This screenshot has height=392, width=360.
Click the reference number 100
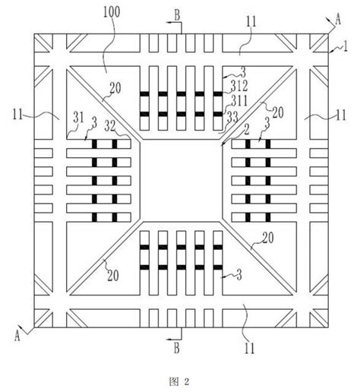click(112, 12)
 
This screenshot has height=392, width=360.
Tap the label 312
click(239, 86)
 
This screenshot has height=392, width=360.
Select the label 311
click(239, 101)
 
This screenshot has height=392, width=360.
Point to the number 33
click(232, 117)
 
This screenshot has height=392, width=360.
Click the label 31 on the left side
click(78, 118)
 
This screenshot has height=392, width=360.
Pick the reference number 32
click(110, 126)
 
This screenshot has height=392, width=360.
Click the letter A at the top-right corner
click(338, 21)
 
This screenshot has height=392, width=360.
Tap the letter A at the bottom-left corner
click(17, 336)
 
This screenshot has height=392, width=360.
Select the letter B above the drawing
click(177, 15)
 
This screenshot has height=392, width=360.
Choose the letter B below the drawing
click(177, 348)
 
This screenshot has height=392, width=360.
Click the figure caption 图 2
click(179, 381)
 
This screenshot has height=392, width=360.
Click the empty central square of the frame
click(182, 180)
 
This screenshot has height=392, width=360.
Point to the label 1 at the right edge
click(345, 46)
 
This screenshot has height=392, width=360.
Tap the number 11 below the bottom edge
click(249, 348)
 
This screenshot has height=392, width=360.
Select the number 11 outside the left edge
click(17, 115)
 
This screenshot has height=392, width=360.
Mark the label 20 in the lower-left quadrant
click(113, 275)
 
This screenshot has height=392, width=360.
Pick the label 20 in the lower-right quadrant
click(268, 238)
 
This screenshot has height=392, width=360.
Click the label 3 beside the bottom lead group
click(238, 275)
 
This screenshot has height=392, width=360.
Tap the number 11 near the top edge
click(251, 21)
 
